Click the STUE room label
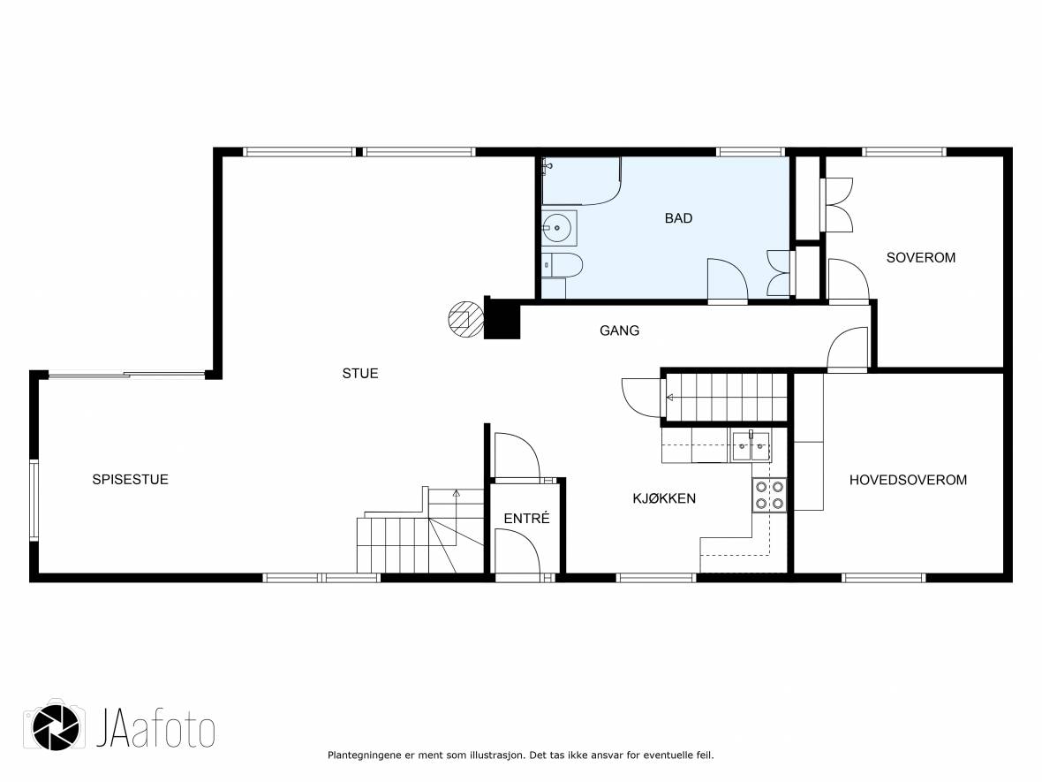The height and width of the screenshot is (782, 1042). [x=360, y=374]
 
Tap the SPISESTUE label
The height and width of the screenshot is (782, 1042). [x=131, y=480]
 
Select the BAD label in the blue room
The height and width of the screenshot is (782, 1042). [x=678, y=218]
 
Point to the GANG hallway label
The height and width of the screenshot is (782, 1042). [x=619, y=330]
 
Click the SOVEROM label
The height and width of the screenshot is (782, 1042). [x=921, y=258]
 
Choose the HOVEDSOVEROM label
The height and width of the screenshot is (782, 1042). [x=909, y=480]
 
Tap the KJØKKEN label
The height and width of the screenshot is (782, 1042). [x=665, y=498]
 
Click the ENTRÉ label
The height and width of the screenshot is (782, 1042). [x=527, y=518]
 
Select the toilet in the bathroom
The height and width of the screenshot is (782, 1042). [x=562, y=265]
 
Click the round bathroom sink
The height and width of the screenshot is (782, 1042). [x=557, y=228]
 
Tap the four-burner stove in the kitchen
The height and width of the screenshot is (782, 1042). [x=769, y=496]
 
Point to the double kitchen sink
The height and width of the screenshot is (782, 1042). [x=751, y=447]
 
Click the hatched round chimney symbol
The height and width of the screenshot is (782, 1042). [x=466, y=319]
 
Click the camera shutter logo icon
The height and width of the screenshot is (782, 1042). [x=56, y=727]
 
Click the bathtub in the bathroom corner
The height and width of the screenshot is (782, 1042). [x=581, y=181]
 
